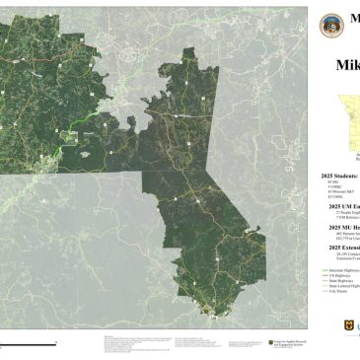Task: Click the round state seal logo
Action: tap(333, 25)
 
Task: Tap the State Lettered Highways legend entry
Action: tap(339, 286)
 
